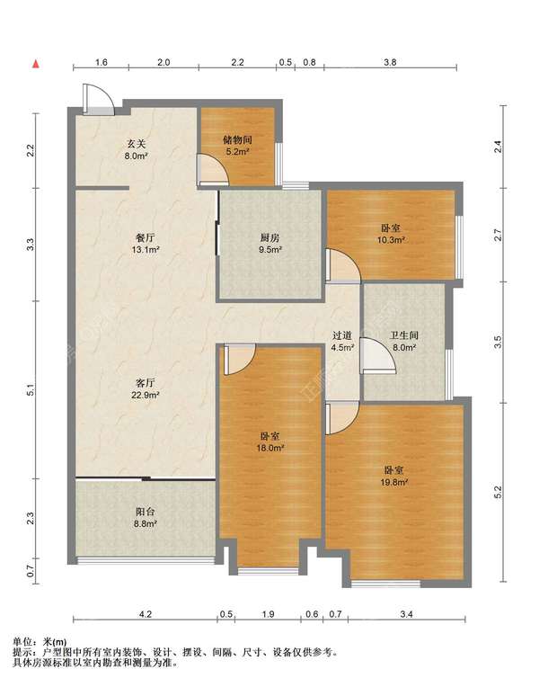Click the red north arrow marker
click(x=36, y=65)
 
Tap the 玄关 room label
click(x=137, y=144)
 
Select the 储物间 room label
click(x=237, y=139)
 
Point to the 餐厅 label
click(x=145, y=238)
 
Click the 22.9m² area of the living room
click(x=145, y=395)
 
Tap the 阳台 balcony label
click(x=145, y=512)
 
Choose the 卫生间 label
click(x=404, y=335)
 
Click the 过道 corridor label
click(x=342, y=335)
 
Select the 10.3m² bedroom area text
click(x=391, y=240)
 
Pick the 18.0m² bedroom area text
click(x=270, y=448)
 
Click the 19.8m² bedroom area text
click(x=394, y=482)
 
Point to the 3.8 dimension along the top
click(x=390, y=62)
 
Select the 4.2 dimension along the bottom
click(x=146, y=614)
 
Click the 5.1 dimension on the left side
click(x=31, y=390)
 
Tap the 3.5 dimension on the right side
click(x=498, y=343)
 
